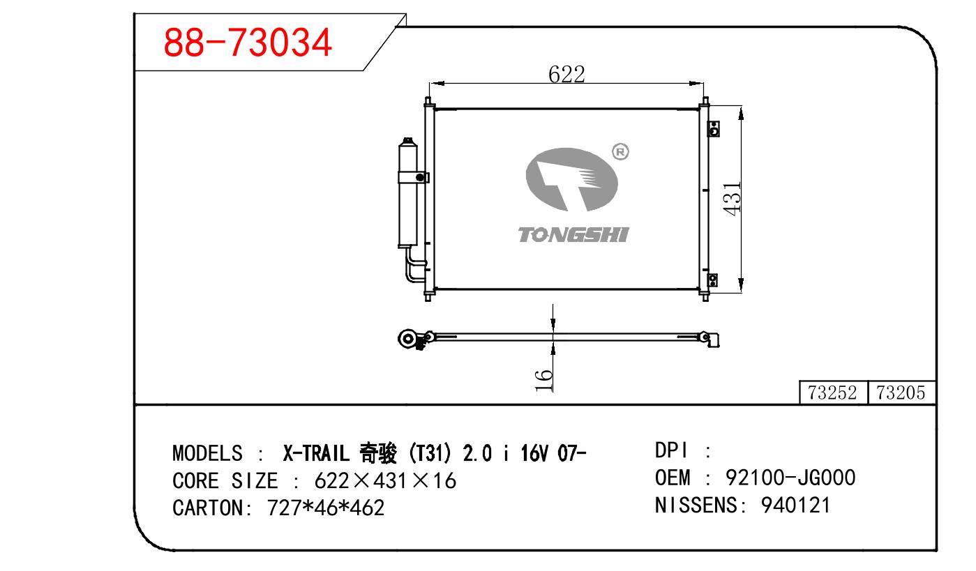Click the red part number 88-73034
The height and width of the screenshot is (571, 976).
click(248, 43)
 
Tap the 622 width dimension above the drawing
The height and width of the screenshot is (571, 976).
click(566, 74)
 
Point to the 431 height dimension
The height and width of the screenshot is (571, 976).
click(732, 199)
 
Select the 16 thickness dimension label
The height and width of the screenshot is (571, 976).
click(543, 380)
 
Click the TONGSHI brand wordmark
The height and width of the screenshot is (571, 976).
click(573, 235)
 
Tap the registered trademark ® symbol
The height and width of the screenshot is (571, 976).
click(620, 152)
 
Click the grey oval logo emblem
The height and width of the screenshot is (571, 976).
click(571, 179)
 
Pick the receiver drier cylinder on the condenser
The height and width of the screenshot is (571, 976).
click(407, 193)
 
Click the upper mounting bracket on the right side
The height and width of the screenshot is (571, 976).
click(714, 129)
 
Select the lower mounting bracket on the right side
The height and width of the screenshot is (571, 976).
click(713, 280)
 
